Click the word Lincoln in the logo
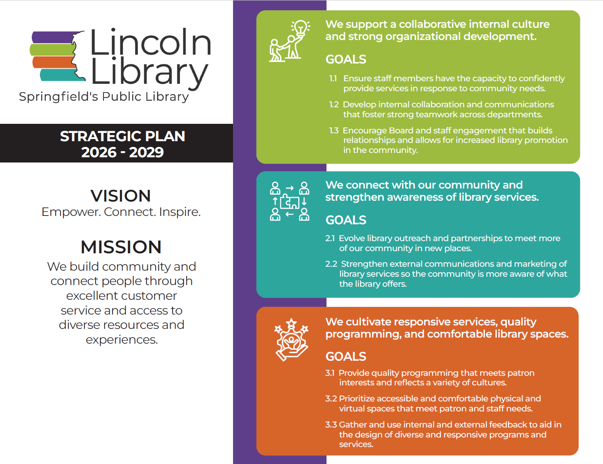click(x=150, y=42)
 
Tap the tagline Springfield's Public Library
click(x=104, y=96)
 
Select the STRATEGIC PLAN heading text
click(x=122, y=136)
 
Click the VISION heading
click(x=120, y=196)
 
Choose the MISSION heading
click(x=121, y=247)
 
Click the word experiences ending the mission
click(x=122, y=339)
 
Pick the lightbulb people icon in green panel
click(x=290, y=41)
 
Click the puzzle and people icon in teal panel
click(x=290, y=201)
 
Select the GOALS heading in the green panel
click(x=346, y=60)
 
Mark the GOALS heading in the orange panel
click(x=346, y=357)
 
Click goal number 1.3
click(x=334, y=131)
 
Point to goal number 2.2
click(x=331, y=264)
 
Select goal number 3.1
click(x=330, y=373)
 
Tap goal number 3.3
click(x=331, y=425)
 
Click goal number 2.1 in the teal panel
click(x=330, y=239)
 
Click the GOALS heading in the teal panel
click(x=346, y=220)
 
